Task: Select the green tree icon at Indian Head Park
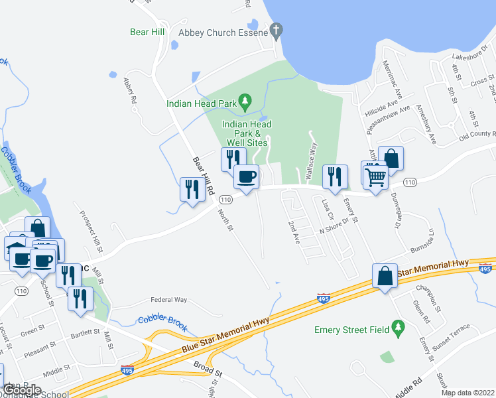pyautogui.click(x=245, y=101)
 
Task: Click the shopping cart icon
pyautogui.click(x=375, y=176)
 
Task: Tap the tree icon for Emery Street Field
pyautogui.click(x=398, y=327)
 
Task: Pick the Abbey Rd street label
pyautogui.click(x=129, y=91)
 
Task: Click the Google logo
pyautogui.click(x=23, y=390)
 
